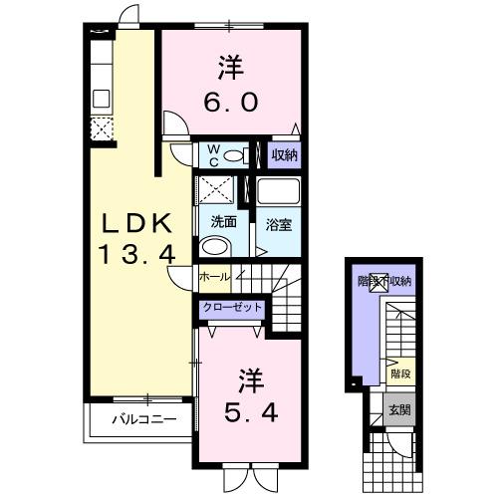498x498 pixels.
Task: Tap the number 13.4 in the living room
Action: click(x=137, y=255)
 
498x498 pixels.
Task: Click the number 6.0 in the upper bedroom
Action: click(x=232, y=102)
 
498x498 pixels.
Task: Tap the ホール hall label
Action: click(x=214, y=276)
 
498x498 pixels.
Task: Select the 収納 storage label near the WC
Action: click(x=284, y=154)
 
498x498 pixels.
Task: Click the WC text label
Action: click(x=211, y=153)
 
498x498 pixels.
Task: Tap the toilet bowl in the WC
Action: click(x=235, y=155)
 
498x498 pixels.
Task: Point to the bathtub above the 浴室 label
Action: click(x=278, y=192)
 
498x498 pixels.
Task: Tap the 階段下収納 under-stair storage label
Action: click(x=385, y=282)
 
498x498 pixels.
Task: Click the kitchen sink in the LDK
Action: click(x=101, y=99)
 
